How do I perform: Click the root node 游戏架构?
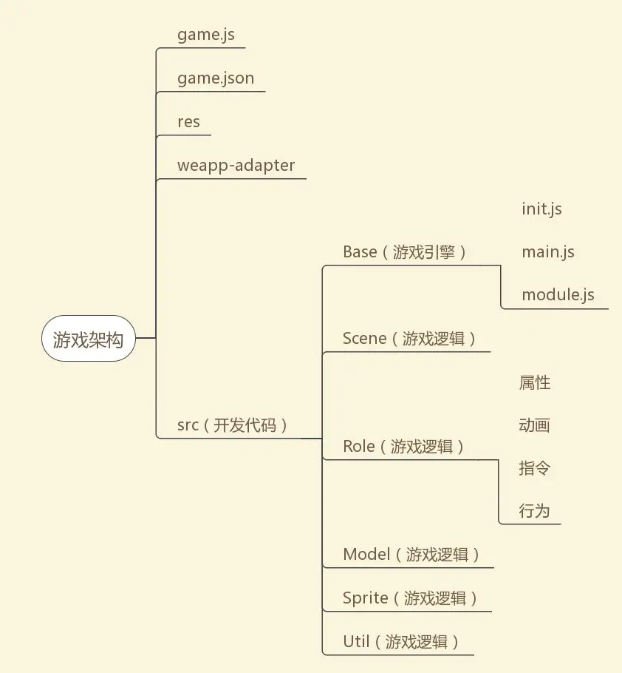tap(88, 339)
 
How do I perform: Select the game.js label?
tap(206, 35)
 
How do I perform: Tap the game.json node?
tap(216, 78)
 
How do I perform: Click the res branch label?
tap(188, 122)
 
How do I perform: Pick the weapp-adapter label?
tap(236, 166)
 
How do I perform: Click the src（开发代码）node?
tap(233, 425)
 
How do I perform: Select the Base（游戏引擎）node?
tap(405, 252)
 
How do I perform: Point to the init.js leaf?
tap(541, 209)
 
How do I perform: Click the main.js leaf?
tap(547, 252)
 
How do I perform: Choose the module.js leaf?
tap(558, 295)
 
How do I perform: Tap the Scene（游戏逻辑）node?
tap(409, 339)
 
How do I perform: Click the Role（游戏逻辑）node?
tap(404, 447)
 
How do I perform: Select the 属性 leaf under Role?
tap(535, 382)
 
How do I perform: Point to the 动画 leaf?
tap(535, 425)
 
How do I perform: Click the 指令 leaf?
tap(535, 468)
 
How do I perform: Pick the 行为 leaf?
tap(535, 511)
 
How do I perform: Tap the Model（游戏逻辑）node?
tap(411, 555)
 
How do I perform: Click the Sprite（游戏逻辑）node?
tap(410, 598)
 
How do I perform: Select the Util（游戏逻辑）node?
tap(401, 642)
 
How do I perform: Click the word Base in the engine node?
tap(360, 252)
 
